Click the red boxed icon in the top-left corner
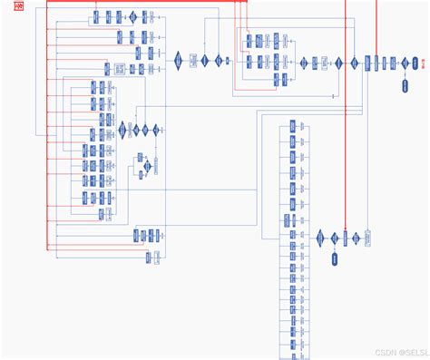click(18, 10)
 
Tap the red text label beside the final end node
click(424, 63)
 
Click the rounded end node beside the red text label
click(413, 63)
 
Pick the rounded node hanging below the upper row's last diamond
click(406, 86)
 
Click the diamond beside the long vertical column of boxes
click(321, 238)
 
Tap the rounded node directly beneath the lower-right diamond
click(334, 261)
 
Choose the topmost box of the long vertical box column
click(293, 125)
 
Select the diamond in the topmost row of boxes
click(132, 17)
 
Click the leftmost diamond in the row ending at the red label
click(179, 61)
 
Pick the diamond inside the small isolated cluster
click(142, 158)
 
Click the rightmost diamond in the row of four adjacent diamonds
click(155, 130)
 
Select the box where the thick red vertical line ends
click(346, 238)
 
